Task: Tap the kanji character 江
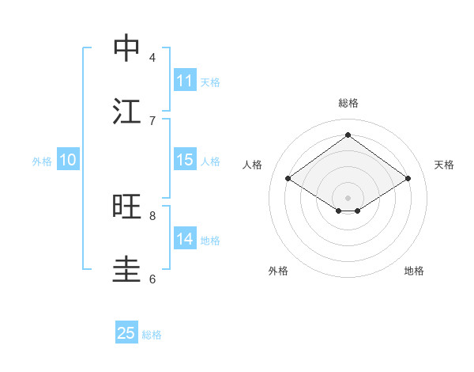127,111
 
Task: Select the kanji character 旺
127,207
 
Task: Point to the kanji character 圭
127,269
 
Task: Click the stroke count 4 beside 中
152,57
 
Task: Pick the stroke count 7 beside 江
152,120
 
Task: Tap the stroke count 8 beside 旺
152,215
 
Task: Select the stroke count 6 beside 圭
152,279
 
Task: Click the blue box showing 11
185,81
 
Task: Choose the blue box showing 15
185,160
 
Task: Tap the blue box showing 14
185,239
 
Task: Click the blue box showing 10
68,160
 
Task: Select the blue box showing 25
126,333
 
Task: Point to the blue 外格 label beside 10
42,161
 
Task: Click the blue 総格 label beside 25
152,335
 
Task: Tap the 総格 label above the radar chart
348,103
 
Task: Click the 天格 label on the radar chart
445,165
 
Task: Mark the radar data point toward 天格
408,179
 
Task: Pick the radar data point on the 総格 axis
348,135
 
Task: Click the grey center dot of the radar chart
348,197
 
